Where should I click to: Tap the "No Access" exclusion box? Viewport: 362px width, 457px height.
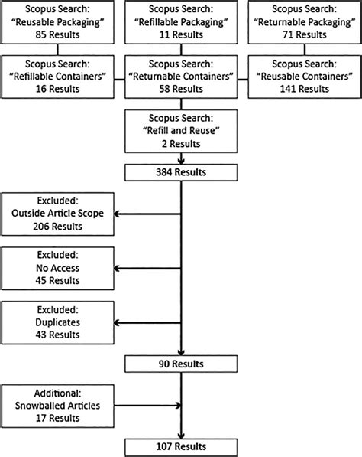point(57,269)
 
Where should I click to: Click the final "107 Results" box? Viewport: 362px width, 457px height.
point(181,446)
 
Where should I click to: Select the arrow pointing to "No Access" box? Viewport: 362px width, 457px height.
point(145,269)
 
